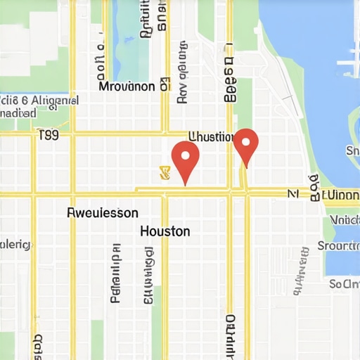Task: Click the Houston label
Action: [x=165, y=231]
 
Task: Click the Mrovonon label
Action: [x=127, y=87]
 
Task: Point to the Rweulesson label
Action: [x=103, y=212]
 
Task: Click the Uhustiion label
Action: [x=212, y=136]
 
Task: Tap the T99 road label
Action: [x=49, y=134]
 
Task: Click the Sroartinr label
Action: [x=338, y=245]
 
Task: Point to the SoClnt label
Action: [x=344, y=284]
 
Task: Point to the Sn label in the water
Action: [x=352, y=150]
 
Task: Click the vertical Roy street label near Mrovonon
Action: [x=183, y=86]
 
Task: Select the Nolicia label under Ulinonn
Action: [x=344, y=219]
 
